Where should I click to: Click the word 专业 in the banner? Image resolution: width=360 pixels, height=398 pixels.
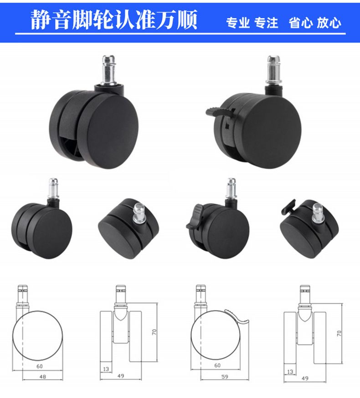click(x=238, y=23)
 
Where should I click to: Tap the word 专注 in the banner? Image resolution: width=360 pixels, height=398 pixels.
click(x=266, y=23)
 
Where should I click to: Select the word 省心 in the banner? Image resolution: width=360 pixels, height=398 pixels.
click(x=301, y=23)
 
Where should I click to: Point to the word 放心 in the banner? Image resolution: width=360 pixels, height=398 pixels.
click(x=329, y=23)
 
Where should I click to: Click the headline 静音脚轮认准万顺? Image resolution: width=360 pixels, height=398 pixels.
click(x=114, y=20)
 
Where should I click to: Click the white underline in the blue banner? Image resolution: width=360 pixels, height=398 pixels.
click(x=180, y=33)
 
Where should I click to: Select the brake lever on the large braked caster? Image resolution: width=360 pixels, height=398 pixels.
click(x=220, y=111)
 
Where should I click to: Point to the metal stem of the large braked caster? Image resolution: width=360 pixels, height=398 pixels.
click(x=274, y=70)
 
